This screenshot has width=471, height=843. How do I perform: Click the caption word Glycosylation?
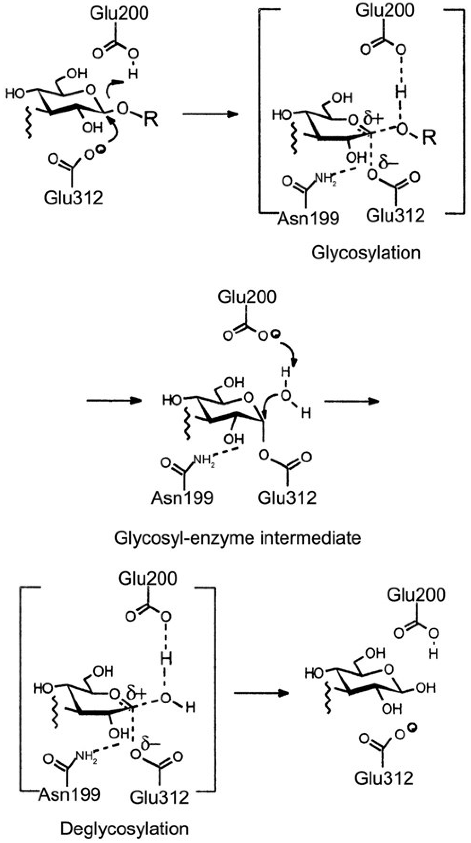[366, 253]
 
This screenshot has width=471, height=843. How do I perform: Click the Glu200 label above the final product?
[416, 595]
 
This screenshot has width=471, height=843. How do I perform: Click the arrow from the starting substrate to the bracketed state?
[210, 114]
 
